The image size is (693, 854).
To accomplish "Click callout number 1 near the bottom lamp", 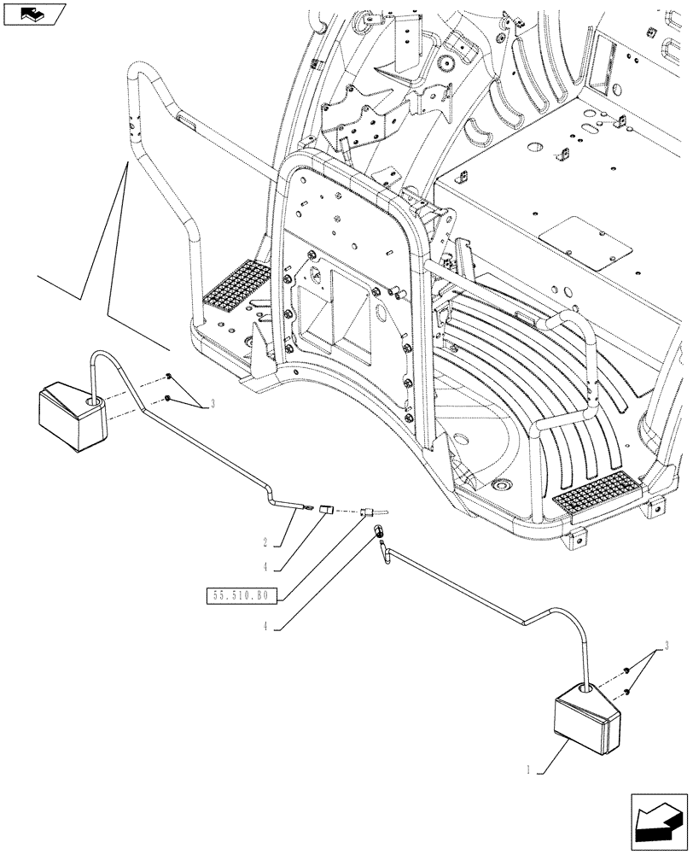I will point(530,769).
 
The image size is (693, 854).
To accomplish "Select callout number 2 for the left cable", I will point(265,541).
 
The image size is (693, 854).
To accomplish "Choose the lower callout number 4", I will point(266,625).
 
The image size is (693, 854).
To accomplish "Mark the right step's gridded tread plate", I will point(594,496).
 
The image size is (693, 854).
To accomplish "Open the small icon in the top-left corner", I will point(34,15).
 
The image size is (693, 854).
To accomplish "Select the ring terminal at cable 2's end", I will point(303,511).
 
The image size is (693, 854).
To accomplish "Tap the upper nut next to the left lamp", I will point(169,377).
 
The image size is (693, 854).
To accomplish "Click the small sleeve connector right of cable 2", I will point(325,511).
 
